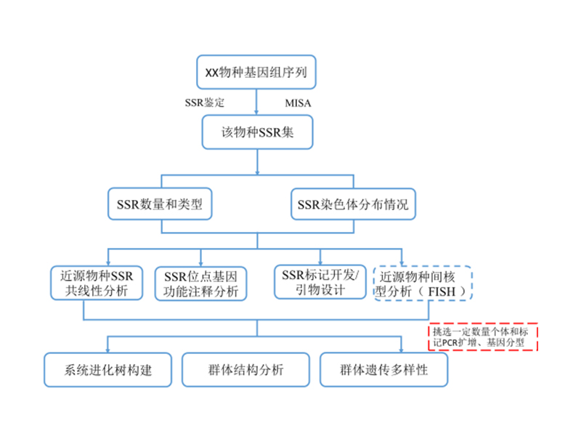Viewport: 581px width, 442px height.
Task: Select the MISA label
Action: pos(297,103)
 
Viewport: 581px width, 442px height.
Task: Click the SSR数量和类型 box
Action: pos(159,205)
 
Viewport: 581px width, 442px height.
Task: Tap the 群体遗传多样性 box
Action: pos(383,369)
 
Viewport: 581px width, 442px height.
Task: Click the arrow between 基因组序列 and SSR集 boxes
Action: pos(256,102)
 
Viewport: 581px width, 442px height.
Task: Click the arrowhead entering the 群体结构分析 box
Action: pos(256,349)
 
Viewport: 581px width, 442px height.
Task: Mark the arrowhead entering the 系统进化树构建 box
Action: pos(107,349)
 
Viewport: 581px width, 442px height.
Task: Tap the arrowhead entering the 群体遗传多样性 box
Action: pos(401,349)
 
